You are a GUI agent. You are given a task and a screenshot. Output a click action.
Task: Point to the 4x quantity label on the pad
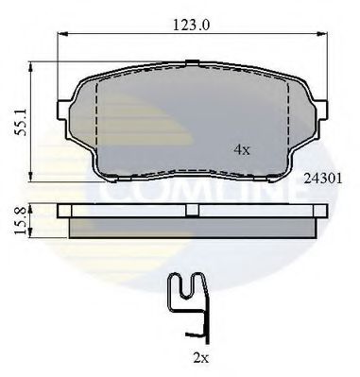pyautogui.click(x=241, y=149)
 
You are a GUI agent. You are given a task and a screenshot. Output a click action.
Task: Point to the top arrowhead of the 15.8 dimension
pyautogui.click(x=33, y=204)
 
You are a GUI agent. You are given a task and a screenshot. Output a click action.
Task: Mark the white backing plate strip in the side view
pyautogui.click(x=113, y=210)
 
